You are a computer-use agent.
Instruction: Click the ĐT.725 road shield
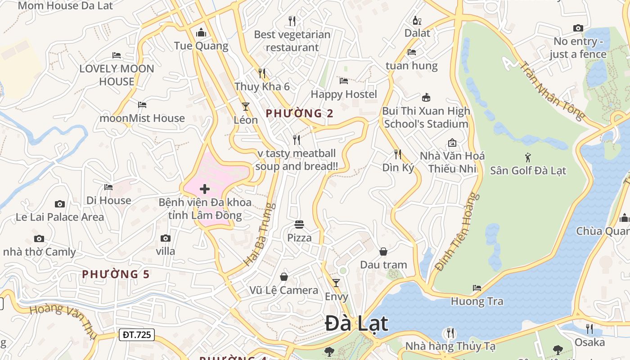click(137, 334)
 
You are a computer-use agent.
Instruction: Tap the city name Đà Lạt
click(356, 324)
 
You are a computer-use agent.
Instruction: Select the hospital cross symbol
click(205, 189)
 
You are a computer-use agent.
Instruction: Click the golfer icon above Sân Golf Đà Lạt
click(528, 157)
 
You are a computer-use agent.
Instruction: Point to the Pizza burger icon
click(299, 224)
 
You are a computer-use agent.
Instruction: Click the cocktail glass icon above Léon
click(245, 107)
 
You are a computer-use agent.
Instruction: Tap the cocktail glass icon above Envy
click(336, 283)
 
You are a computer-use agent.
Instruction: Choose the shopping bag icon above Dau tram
click(383, 252)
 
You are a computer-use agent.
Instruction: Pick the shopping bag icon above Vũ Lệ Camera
click(284, 277)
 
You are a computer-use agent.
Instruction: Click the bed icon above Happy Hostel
click(344, 81)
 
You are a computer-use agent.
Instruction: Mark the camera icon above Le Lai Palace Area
click(59, 204)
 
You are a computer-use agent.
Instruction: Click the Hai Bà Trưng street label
click(259, 234)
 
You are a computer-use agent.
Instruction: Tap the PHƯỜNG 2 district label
click(299, 113)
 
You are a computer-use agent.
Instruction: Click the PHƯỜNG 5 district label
click(116, 274)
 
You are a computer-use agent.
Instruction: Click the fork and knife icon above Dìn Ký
click(397, 154)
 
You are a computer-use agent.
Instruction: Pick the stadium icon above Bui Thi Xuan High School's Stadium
click(426, 97)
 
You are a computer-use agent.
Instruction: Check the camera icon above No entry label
click(578, 28)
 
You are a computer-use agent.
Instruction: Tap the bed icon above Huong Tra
click(477, 288)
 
